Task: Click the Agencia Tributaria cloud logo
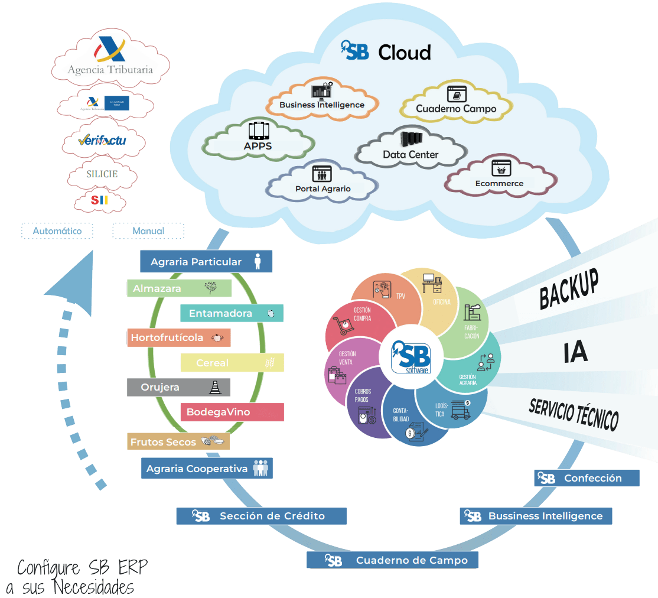click(x=110, y=59)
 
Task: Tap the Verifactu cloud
click(x=102, y=141)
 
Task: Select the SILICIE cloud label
click(x=102, y=174)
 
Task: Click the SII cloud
click(x=99, y=201)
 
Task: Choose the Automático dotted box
click(x=57, y=231)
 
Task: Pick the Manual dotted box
click(x=148, y=231)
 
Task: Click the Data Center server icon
click(x=411, y=139)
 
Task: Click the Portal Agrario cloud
click(x=323, y=181)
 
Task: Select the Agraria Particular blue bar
click(x=206, y=262)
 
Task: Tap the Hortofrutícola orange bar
click(x=178, y=338)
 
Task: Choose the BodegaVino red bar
click(x=232, y=412)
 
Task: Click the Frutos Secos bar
click(x=178, y=441)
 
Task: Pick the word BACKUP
click(x=569, y=288)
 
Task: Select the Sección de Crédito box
click(x=261, y=516)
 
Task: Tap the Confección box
click(x=587, y=478)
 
